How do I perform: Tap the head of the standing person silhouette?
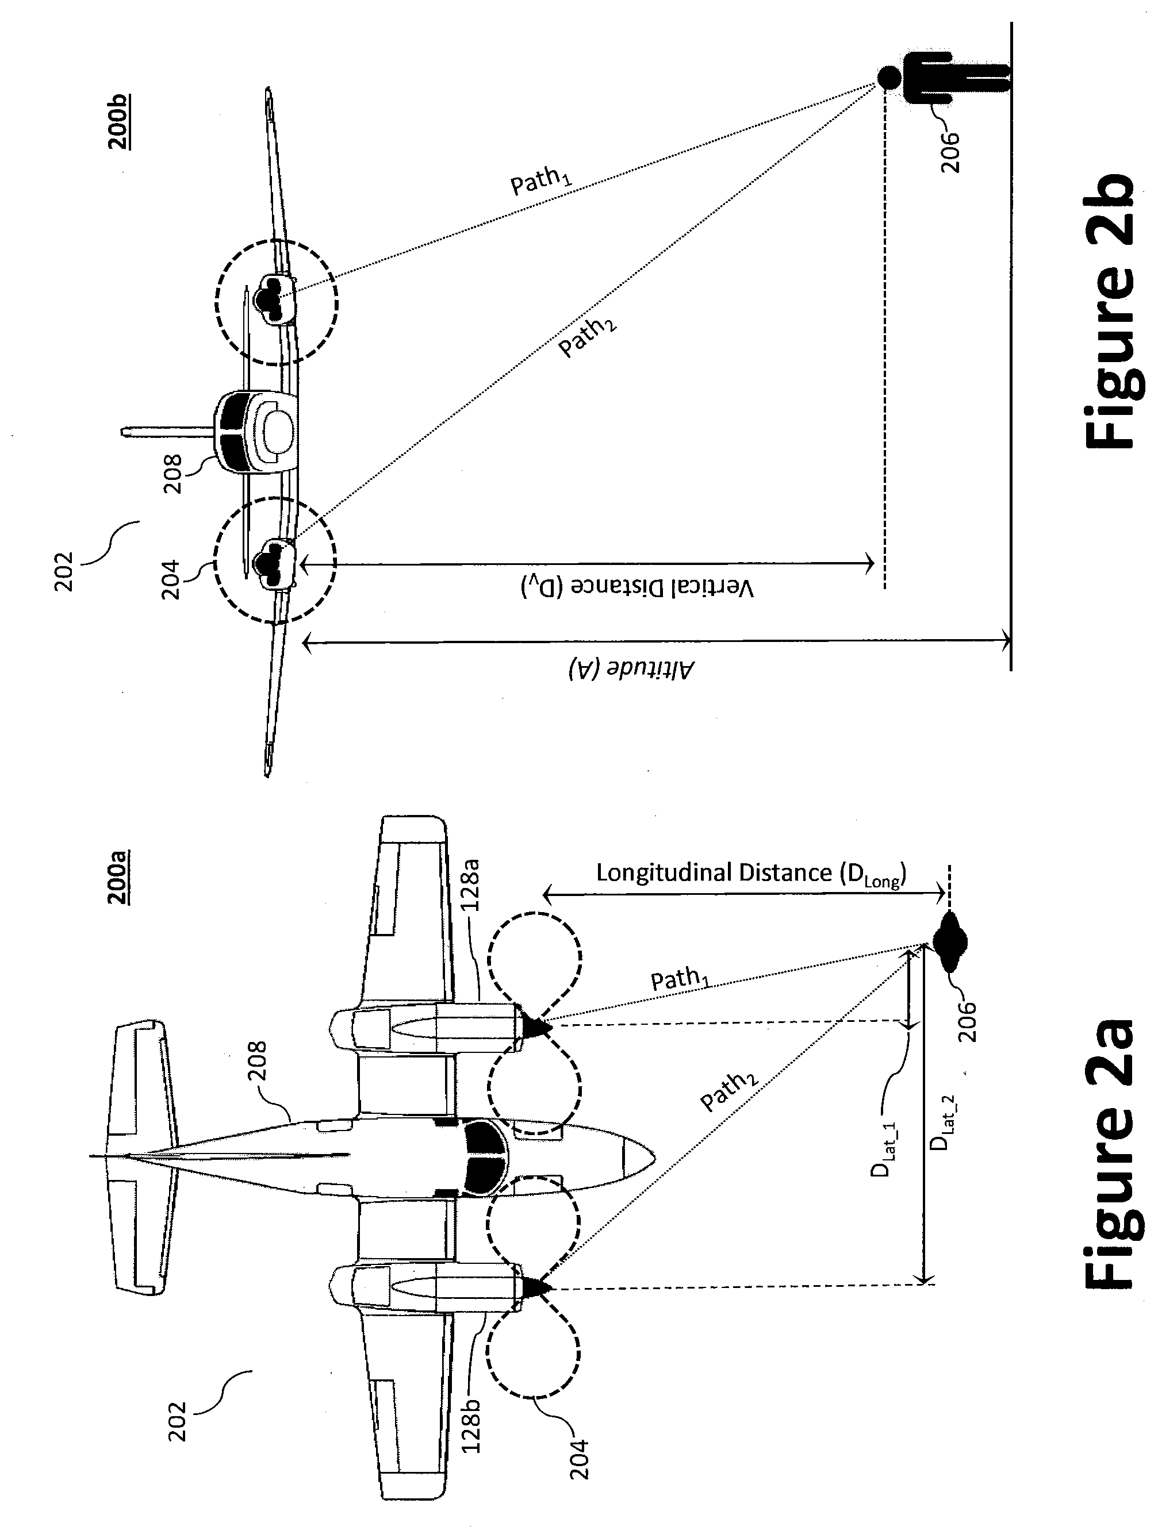pos(887,76)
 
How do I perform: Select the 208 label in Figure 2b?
pos(172,474)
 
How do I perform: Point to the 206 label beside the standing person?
pos(949,152)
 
